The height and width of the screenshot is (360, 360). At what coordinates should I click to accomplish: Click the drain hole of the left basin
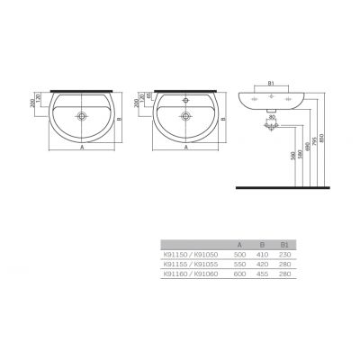[83, 115]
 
